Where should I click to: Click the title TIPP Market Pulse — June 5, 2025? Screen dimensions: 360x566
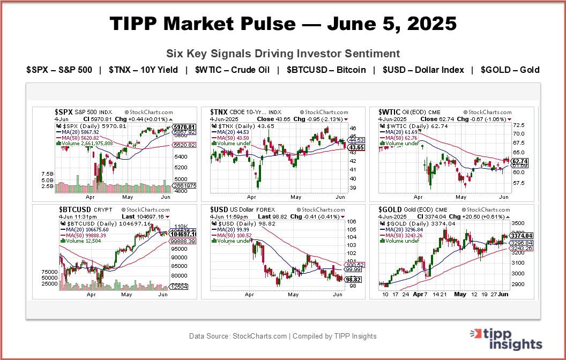click(283, 24)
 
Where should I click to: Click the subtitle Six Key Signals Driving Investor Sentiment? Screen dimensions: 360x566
click(283, 54)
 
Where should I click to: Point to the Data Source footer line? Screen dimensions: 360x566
click(283, 336)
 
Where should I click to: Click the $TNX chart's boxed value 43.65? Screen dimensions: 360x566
click(356, 147)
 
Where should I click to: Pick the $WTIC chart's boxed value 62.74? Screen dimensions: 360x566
click(520, 161)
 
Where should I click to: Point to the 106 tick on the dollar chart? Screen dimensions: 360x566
click(352, 221)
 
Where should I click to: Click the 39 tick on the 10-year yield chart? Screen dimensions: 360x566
click(352, 188)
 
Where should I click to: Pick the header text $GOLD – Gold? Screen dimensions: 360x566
click(510, 70)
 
